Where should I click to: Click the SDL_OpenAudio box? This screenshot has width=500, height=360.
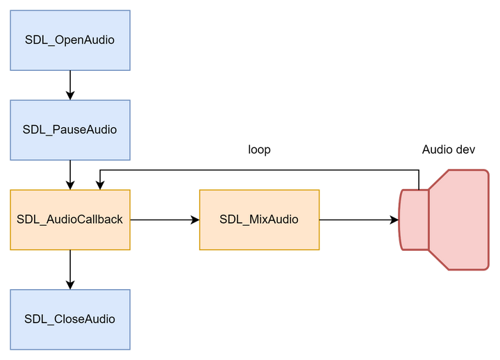[x=69, y=40]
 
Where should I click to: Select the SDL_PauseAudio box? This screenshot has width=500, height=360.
[x=69, y=130]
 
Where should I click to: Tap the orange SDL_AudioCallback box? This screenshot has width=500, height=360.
[x=69, y=220]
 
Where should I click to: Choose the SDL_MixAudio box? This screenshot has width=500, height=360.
[x=259, y=220]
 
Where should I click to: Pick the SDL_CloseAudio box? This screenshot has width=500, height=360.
[x=69, y=319]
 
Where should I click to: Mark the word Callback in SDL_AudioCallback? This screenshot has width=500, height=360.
[x=100, y=220]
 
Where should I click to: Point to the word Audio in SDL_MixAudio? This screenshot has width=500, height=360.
[x=283, y=220]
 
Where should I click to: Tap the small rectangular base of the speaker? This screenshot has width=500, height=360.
[x=414, y=220]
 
